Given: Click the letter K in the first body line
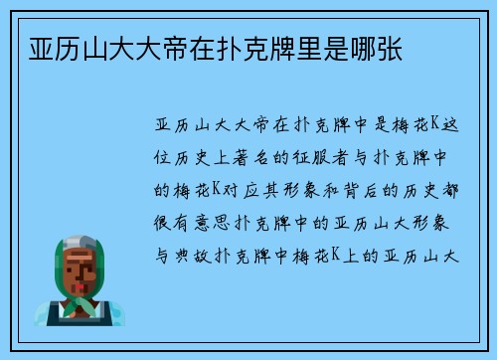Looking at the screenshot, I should pyautogui.click(x=423, y=126).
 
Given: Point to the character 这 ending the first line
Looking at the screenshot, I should pyautogui.click(x=448, y=126).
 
